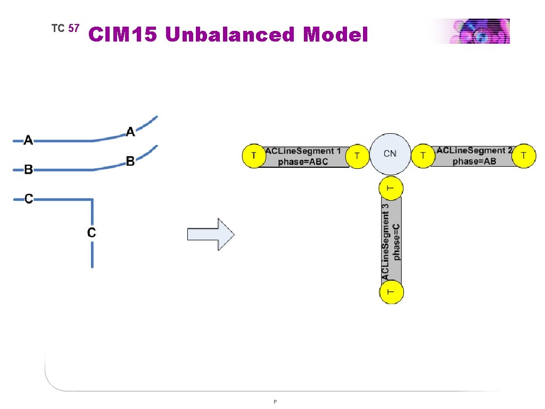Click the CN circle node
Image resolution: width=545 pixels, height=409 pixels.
[x=390, y=154]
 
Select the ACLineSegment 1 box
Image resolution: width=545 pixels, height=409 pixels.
[x=303, y=157]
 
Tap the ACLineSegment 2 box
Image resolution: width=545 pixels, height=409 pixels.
[x=474, y=156]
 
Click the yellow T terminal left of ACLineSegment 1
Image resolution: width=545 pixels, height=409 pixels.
[x=253, y=156]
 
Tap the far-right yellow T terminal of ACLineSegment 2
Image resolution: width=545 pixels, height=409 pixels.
[x=525, y=155]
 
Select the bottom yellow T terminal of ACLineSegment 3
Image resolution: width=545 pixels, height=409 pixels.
[x=391, y=292]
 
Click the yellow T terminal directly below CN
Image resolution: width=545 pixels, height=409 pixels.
[x=391, y=188]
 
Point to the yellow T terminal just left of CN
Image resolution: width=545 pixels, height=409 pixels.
[x=357, y=156]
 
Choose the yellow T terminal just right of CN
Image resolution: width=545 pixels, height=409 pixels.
[x=423, y=156]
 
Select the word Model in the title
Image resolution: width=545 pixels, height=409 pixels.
[x=335, y=35]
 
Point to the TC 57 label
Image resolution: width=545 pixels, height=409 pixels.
[x=65, y=28]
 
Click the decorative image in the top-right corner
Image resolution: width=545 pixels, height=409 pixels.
[x=470, y=31]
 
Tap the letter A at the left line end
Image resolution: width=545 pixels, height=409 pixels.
[x=28, y=141]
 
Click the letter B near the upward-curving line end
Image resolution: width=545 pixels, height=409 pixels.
[x=130, y=160]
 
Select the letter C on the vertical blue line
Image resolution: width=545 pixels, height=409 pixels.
[x=92, y=233]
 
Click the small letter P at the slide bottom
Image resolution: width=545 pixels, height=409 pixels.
[x=275, y=402]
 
